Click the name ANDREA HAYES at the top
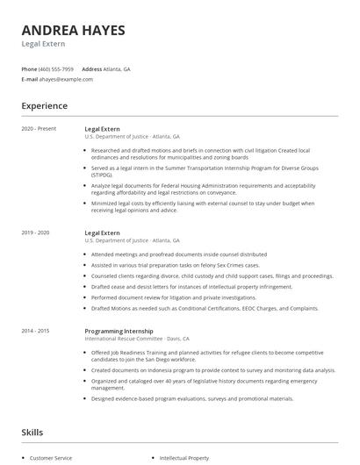click(73, 30)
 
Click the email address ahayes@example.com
click(66, 79)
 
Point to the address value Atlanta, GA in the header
click(117, 68)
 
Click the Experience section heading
click(44, 106)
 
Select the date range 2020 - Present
click(39, 129)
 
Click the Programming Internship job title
click(119, 330)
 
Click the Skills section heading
click(32, 432)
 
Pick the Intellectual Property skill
click(185, 458)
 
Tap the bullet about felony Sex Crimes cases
click(176, 264)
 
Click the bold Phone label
click(29, 68)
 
